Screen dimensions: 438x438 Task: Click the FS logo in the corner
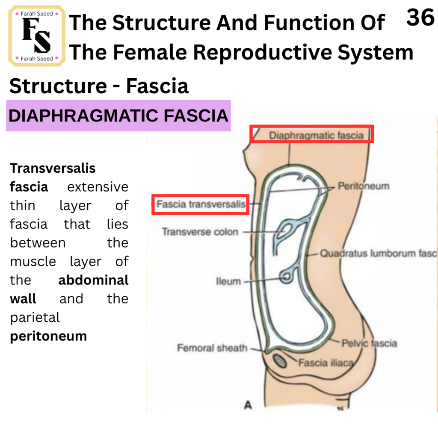click(x=37, y=36)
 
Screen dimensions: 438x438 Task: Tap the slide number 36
click(x=420, y=17)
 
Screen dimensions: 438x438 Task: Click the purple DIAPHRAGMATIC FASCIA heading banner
click(x=118, y=115)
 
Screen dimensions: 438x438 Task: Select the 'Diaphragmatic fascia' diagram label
click(x=316, y=136)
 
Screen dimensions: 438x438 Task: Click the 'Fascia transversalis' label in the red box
click(x=201, y=204)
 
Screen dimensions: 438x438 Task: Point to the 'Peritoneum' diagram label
click(x=364, y=186)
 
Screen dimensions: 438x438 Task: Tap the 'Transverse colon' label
click(x=200, y=232)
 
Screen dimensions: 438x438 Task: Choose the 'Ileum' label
click(x=228, y=281)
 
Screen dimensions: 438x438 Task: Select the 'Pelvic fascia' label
click(x=369, y=343)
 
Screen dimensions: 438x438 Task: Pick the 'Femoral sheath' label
click(x=212, y=348)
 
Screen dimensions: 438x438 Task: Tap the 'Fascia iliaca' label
click(x=326, y=363)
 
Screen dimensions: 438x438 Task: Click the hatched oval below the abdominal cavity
click(x=280, y=361)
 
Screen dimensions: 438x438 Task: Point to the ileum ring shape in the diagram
click(x=286, y=277)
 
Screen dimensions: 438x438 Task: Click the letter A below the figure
click(x=248, y=405)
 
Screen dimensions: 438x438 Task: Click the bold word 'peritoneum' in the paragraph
click(x=49, y=337)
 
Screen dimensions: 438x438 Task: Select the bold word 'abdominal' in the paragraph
click(x=93, y=280)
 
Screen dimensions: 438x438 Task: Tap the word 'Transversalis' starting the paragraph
click(x=53, y=169)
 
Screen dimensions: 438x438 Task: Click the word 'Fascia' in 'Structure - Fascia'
click(x=157, y=86)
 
